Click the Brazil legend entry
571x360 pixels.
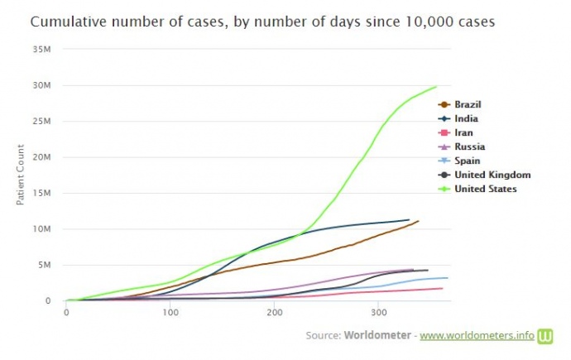click(468, 104)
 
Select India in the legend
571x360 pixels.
click(465, 118)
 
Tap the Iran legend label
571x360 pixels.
click(463, 132)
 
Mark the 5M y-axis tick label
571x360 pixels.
click(46, 265)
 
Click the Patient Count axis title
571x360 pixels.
click(22, 175)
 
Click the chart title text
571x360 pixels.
click(262, 22)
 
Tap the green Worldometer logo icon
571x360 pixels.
click(545, 336)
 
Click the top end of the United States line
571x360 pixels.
click(436, 86)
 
